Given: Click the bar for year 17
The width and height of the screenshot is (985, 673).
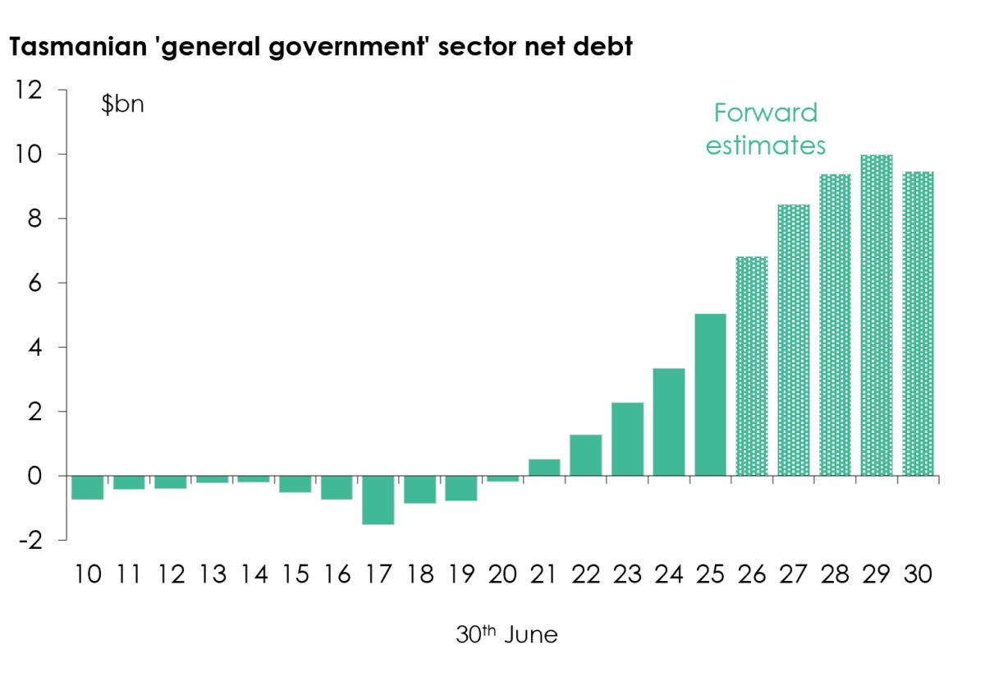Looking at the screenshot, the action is pos(378,500).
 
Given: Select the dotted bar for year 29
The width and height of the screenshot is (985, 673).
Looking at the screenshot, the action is pos(877,316).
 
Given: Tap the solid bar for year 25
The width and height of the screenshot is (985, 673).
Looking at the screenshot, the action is pos(710,394).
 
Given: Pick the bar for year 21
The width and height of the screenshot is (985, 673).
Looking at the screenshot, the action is pos(544,468).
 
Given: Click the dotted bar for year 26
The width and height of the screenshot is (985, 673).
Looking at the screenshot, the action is pos(752,366).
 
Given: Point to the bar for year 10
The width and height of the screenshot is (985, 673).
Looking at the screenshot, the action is pos(88,487).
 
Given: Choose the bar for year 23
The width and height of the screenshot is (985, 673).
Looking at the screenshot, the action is pos(627,439).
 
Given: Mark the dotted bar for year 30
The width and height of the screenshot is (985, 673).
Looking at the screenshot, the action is pos(919,324).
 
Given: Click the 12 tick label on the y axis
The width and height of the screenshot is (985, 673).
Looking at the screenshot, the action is pos(29,90).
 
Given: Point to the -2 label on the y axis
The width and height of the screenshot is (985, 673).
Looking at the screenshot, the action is pos(31,540).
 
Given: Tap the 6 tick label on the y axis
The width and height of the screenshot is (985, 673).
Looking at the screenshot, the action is pos(35,283).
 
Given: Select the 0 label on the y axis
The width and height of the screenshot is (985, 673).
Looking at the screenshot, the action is pos(34,476).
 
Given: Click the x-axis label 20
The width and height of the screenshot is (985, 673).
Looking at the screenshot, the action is pos(502,574).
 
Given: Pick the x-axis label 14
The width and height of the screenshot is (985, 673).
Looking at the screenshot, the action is pos(254,574).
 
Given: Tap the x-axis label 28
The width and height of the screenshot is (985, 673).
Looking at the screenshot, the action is pos(835,574).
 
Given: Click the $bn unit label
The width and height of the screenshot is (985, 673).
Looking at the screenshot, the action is pos(122,104).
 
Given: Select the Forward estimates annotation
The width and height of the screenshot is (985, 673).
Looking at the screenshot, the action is pos(766,128).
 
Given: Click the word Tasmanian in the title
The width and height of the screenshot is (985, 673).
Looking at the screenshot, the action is pos(78,46).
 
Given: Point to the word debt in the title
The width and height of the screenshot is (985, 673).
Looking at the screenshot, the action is pos(602,46).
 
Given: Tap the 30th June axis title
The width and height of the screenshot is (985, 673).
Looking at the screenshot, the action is pos(506,634).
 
